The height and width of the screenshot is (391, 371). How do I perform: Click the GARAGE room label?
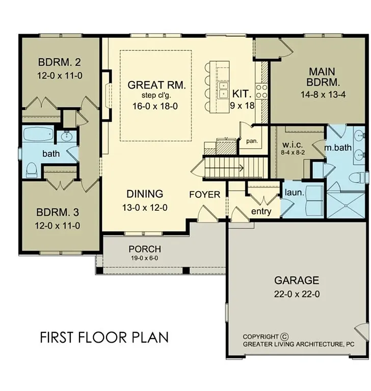coord(297,280)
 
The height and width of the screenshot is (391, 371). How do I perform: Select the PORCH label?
coord(145,249)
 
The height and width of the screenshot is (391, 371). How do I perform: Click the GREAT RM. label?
coord(156,85)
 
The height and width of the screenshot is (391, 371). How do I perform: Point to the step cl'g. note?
coord(156,95)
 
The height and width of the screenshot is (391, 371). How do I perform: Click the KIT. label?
coord(241,94)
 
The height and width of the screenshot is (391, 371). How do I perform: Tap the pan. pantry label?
coord(251,141)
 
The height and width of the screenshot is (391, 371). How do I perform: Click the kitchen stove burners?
coord(261,92)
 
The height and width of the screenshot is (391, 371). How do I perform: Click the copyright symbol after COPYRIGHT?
coord(284,337)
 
